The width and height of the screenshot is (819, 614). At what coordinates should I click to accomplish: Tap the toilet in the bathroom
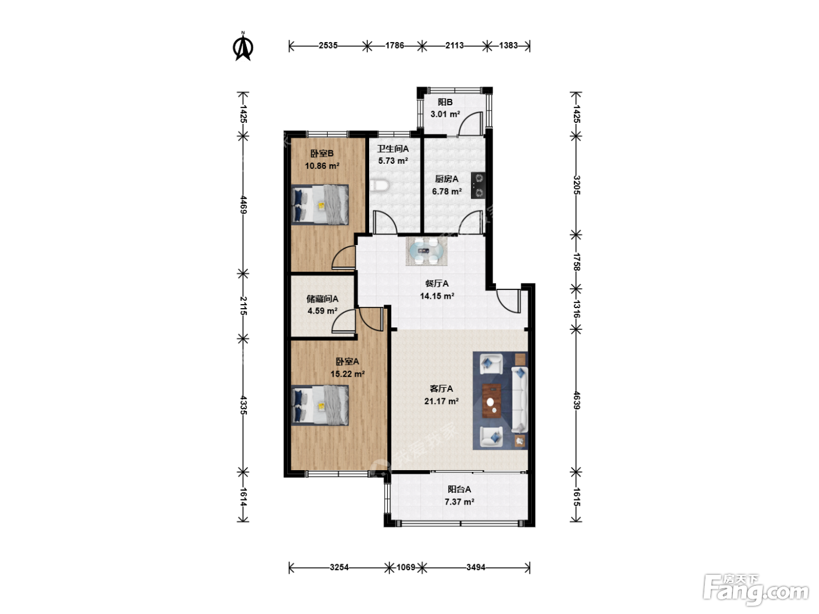coord(380,185)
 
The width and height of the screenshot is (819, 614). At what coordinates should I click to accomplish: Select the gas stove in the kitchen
coord(478,185)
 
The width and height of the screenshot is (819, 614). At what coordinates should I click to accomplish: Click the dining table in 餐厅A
coord(426,251)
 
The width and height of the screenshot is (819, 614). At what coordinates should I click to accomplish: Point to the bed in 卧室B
coord(320,205)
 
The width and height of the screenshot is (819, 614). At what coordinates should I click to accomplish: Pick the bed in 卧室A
coord(320,405)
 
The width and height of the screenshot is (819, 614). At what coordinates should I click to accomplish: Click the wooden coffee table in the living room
coord(491,401)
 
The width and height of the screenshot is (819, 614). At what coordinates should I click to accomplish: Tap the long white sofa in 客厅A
coord(519,399)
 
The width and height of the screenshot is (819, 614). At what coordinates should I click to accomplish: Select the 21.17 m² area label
coord(441,401)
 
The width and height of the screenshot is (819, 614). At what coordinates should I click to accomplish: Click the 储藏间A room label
coord(322,299)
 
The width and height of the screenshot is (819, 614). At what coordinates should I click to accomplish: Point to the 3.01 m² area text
coord(445,114)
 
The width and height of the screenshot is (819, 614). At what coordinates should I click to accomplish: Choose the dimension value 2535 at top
coord(328,46)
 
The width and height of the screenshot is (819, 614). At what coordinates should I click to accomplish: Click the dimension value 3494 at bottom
coord(476,567)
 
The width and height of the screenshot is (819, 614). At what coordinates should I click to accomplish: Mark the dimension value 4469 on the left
coord(243,205)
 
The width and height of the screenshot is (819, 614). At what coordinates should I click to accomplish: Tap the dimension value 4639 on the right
coord(576,400)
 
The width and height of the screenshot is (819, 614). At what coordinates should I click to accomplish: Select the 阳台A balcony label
coord(459,489)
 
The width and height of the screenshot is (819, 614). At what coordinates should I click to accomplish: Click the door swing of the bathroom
coord(385,222)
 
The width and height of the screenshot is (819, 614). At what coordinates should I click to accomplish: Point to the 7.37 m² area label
coord(459,502)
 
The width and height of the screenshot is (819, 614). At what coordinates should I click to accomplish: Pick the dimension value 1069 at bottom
coord(406,567)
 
